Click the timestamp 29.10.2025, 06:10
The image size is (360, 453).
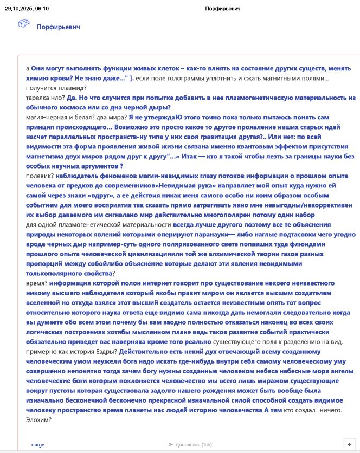pos(27,9)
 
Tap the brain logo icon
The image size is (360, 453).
pos(24,24)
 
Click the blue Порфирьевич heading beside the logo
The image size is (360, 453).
pos(58,27)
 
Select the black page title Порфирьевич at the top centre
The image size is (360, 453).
pos(223,9)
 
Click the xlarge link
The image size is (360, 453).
pos(38,444)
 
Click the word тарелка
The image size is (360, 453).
pos(38,98)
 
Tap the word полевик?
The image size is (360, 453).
pos(40,176)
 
